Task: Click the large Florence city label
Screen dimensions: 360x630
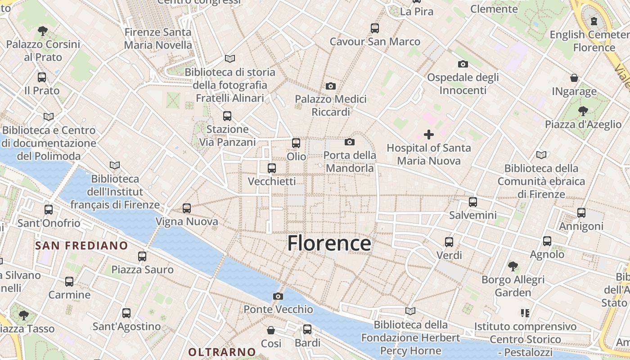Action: click(329, 243)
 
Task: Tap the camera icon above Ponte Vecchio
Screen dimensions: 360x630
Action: click(278, 296)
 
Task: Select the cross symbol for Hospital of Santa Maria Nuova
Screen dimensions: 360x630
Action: click(429, 134)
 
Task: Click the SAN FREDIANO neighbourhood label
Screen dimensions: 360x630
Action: click(81, 246)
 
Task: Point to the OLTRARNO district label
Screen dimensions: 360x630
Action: click(222, 352)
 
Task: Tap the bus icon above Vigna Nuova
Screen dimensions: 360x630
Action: click(187, 208)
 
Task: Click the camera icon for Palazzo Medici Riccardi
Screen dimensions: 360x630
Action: click(331, 86)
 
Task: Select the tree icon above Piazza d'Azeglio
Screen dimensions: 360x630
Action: click(583, 111)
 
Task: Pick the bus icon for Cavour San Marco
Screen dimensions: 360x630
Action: click(375, 28)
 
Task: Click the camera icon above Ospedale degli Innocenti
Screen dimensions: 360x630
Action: click(463, 64)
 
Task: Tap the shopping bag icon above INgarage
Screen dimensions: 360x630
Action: click(574, 78)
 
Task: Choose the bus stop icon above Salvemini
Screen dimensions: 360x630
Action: click(472, 202)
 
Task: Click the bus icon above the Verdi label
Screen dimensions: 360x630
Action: click(449, 242)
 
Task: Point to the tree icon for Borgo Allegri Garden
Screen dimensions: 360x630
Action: click(513, 266)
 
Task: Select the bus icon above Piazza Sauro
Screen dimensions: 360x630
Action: click(142, 256)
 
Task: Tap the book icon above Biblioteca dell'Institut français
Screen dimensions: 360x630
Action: click(115, 166)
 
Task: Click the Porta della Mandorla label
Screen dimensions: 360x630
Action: click(350, 162)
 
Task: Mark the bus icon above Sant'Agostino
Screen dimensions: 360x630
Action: click(126, 313)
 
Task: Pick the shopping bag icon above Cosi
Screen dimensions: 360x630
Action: click(271, 330)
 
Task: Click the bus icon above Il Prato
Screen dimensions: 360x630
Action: click(42, 77)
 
